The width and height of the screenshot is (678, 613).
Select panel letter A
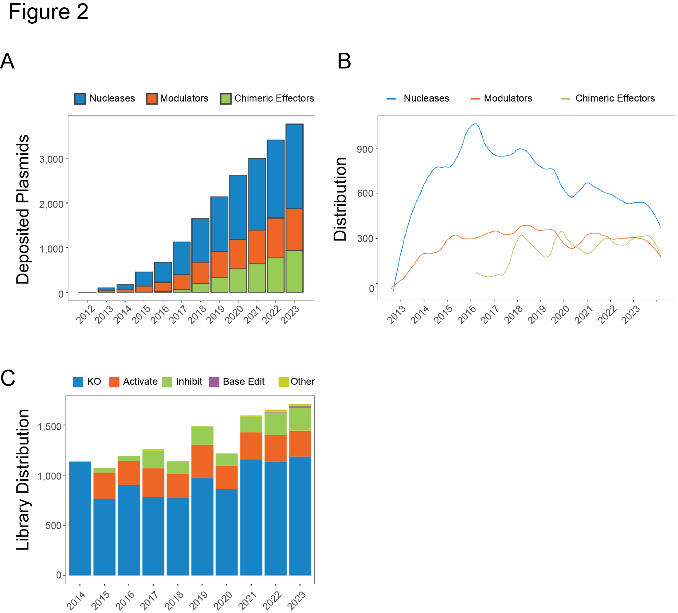coord(7,61)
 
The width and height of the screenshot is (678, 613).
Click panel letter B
coord(344,61)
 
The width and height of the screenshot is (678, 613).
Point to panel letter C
coord(8,378)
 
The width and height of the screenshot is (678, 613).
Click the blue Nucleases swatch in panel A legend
coord(80,99)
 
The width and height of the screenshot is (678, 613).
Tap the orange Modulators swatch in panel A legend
coord(152,99)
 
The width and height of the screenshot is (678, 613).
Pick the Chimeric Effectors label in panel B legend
coord(615,99)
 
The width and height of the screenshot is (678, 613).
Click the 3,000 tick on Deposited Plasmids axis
coord(51,159)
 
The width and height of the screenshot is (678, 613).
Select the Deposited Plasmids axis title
coord(23,210)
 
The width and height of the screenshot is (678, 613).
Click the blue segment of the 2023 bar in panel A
coord(295,166)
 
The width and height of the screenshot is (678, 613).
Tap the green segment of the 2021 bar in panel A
coord(257,278)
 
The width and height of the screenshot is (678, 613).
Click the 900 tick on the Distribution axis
coord(365,149)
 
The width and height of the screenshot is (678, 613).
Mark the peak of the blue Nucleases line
coord(475,124)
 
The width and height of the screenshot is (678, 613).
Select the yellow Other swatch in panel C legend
coord(284,382)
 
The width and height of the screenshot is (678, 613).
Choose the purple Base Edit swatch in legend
coord(214,382)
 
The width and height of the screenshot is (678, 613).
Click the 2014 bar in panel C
coord(80,518)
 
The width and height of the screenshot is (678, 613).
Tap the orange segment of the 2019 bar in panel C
coord(202,461)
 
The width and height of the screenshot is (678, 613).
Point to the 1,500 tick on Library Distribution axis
coord(49,426)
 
